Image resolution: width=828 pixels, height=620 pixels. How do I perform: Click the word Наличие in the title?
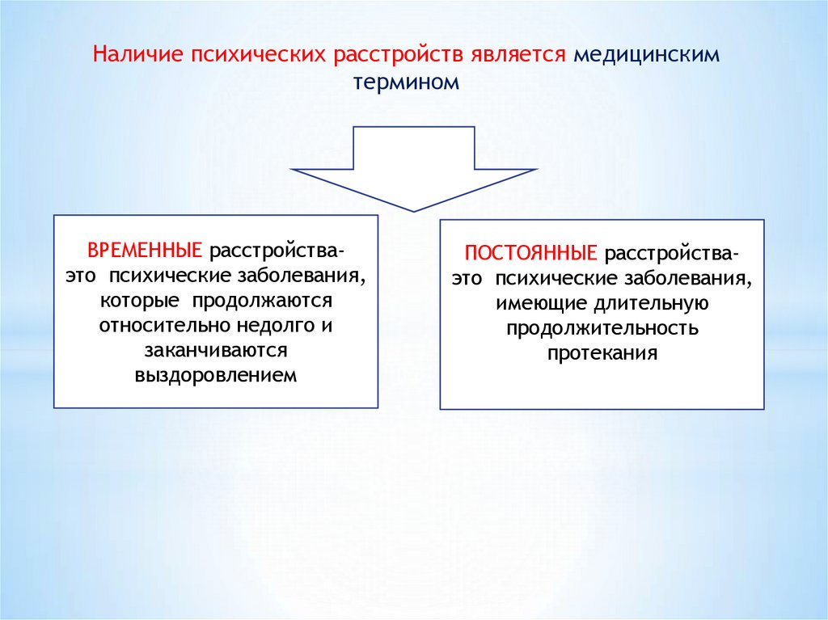137,55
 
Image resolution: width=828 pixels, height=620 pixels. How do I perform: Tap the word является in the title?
519,55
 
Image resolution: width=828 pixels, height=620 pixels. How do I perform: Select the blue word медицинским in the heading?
645,55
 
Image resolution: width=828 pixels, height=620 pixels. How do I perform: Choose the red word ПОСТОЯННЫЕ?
531,253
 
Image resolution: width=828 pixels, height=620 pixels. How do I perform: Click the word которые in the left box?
142,301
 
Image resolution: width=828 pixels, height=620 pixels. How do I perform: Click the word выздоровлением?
216,376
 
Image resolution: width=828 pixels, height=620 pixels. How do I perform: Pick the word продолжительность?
602,329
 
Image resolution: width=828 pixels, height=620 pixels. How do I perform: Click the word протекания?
602,354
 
